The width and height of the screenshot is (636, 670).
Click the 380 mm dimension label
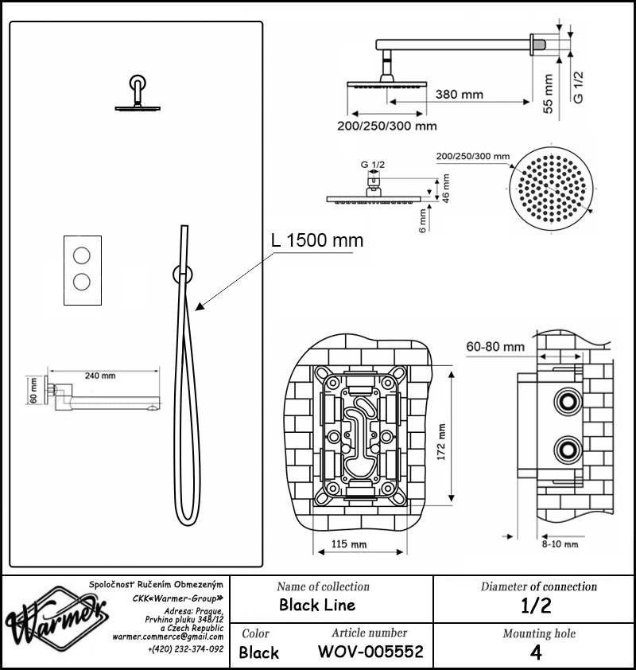460,95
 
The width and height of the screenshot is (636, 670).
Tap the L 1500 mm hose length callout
317,240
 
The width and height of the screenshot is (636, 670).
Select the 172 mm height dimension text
441,442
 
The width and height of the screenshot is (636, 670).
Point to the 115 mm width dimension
349,544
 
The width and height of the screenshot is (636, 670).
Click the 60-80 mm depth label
495,346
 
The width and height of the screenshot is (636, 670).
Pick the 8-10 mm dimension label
560,544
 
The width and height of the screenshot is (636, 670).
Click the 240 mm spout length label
100,376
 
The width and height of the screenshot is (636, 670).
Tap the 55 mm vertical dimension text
548,94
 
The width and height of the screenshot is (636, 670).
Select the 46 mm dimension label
446,188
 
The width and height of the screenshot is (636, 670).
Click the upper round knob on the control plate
82,255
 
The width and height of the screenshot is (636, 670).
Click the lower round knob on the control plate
82,282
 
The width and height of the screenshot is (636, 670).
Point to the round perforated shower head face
552,189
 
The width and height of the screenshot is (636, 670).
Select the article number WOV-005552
370,652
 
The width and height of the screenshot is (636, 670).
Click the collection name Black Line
317,605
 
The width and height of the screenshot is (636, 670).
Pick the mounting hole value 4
536,652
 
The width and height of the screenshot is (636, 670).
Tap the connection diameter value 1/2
536,606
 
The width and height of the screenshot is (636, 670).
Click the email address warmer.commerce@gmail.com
168,637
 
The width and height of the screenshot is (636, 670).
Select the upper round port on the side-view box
568,402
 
